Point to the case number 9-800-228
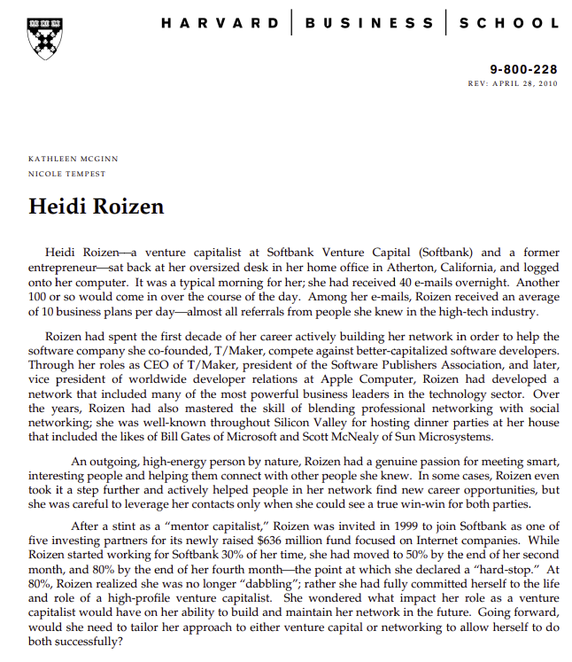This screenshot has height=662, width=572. (524, 69)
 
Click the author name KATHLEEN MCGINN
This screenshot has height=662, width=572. (73, 159)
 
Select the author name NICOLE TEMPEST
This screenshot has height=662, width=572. (67, 174)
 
